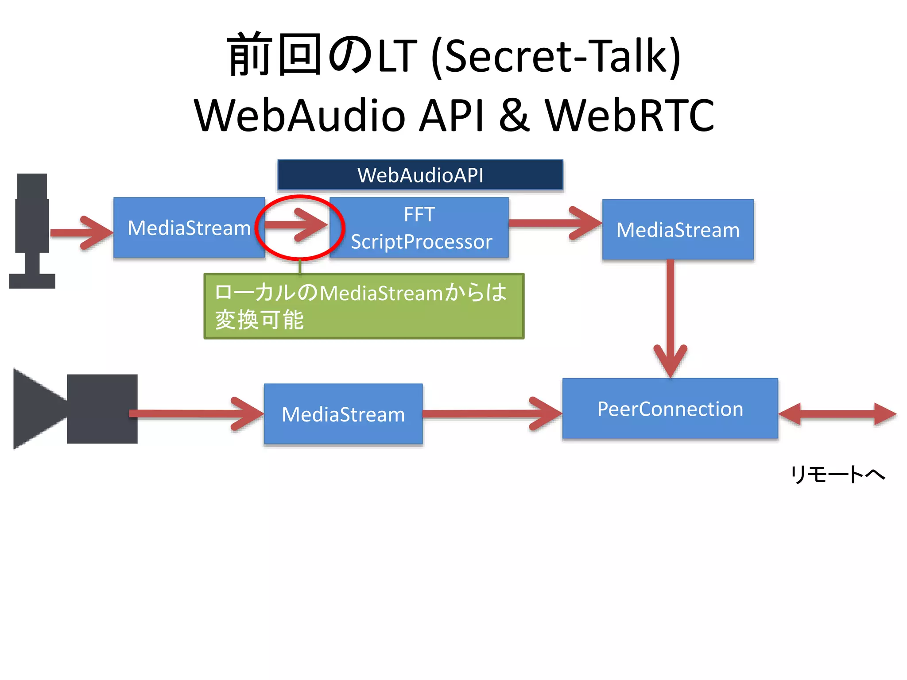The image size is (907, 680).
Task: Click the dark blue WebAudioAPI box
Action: (420, 175)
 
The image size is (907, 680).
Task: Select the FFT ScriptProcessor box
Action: (419, 228)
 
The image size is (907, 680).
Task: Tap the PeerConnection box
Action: (670, 408)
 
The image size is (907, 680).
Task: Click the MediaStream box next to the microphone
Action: (189, 228)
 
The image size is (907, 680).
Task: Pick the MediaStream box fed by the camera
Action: (343, 414)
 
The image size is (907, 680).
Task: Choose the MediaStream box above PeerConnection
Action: (678, 229)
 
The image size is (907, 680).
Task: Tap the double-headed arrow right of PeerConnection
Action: (837, 414)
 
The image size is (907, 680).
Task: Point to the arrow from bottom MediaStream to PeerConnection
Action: (492, 414)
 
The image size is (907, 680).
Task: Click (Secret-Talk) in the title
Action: (555, 56)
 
